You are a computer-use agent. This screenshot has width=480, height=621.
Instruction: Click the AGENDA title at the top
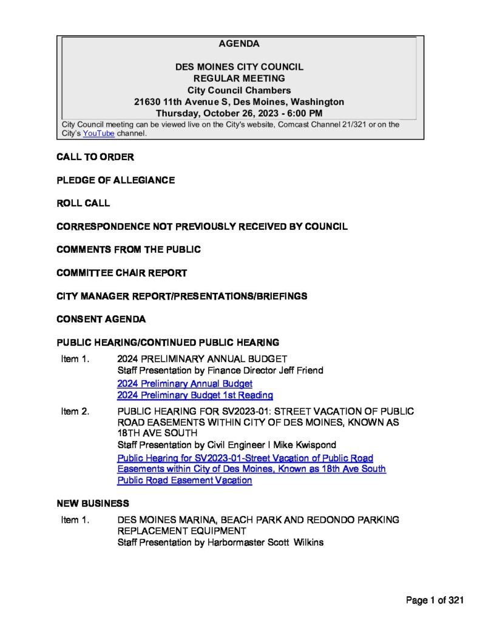[x=239, y=44]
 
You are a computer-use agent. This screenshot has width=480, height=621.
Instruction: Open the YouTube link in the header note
[x=98, y=133]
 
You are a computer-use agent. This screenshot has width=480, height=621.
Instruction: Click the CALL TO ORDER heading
[x=95, y=157]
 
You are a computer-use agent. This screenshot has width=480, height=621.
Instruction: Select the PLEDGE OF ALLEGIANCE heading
[x=115, y=180]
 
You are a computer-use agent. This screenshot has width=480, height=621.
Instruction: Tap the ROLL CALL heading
[x=83, y=203]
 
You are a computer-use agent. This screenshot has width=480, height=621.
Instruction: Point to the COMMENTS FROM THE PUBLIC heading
[x=129, y=249]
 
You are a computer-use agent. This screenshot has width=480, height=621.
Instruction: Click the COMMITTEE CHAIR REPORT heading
[x=121, y=273]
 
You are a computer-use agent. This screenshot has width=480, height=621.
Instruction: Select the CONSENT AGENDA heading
[x=101, y=319]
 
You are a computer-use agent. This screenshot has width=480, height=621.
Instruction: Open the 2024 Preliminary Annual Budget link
[x=184, y=384]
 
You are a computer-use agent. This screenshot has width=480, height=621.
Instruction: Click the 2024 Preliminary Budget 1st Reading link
[x=195, y=395]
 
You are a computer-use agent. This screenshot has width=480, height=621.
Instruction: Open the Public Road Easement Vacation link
[x=184, y=480]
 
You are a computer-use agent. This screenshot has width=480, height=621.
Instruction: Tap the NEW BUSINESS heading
[x=92, y=503]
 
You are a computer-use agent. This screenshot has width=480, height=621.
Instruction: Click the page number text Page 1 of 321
[x=434, y=600]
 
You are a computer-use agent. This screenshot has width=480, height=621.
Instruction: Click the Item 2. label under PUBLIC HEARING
[x=75, y=411]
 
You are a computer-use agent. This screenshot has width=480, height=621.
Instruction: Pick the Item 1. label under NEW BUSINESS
[x=75, y=520]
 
